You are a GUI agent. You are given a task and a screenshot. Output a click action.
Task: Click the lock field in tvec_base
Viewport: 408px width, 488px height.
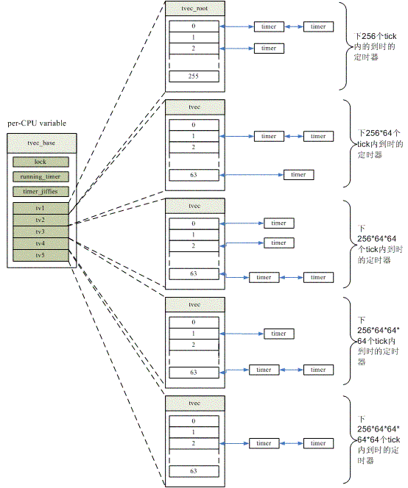click(41, 162)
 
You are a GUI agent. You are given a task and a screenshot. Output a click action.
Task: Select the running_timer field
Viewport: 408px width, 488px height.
click(41, 177)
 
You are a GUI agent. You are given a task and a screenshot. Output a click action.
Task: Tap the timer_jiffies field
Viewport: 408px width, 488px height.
click(41, 191)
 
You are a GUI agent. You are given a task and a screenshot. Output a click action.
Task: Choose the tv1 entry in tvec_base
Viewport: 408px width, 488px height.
click(41, 208)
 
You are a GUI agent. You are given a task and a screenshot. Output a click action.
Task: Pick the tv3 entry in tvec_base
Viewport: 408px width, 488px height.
click(41, 232)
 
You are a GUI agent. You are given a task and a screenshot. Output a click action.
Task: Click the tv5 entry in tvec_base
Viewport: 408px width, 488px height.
click(41, 256)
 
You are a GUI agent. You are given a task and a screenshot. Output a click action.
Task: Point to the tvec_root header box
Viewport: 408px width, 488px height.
click(195, 8)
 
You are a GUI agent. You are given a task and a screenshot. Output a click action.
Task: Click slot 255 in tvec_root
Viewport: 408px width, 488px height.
click(194, 76)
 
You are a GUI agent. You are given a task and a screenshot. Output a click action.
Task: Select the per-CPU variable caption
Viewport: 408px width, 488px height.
click(37, 123)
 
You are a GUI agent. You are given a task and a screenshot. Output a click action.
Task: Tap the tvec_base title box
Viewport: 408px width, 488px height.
click(41, 143)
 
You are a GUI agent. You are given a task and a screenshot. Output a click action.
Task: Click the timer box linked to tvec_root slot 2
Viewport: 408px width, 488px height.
click(269, 49)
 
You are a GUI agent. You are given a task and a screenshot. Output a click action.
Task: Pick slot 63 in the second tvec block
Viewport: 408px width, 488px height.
click(194, 175)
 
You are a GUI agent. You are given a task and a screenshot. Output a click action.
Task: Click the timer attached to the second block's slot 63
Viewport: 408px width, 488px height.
click(298, 175)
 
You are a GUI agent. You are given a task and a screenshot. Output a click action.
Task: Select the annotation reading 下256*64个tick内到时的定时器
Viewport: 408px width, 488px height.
click(379, 144)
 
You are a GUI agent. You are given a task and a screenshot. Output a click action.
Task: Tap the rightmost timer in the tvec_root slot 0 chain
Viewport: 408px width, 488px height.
click(318, 26)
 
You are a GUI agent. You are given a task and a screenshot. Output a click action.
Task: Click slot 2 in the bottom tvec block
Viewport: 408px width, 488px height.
click(194, 443)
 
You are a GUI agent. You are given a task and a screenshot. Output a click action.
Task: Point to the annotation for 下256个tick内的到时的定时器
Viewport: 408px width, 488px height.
click(374, 47)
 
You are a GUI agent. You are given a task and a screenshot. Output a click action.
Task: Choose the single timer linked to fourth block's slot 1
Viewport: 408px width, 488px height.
click(279, 334)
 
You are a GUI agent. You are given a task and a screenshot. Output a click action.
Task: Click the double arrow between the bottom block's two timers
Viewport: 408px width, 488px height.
click(292, 443)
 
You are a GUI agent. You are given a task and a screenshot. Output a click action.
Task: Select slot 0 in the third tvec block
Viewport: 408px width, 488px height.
click(194, 223)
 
